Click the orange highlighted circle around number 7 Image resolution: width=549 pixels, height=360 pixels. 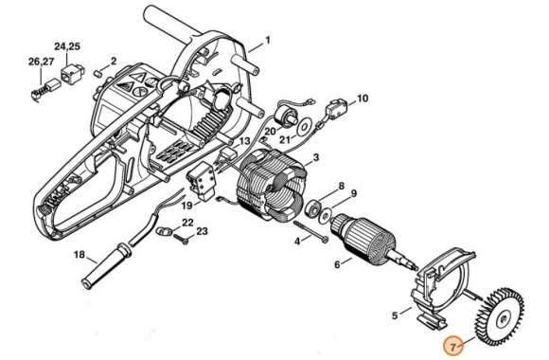point(452,347)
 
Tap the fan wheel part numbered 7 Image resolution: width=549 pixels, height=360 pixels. point(500,316)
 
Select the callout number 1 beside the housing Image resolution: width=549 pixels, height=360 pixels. point(268,41)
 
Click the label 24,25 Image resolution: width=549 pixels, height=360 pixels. point(67,46)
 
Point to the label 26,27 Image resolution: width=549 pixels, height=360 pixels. point(42,62)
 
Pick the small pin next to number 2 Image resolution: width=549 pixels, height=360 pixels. point(98,74)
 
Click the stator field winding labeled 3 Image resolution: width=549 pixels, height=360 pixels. point(272,186)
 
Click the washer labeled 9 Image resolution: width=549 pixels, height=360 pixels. point(327,215)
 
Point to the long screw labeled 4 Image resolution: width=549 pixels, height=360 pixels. point(310,231)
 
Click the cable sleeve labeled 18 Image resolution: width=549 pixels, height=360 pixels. point(105,267)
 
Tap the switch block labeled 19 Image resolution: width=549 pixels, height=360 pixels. point(203,183)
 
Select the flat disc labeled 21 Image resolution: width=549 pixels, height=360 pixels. point(305,127)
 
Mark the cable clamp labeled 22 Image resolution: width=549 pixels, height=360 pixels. point(163,231)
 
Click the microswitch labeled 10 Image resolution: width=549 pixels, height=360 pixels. point(335,108)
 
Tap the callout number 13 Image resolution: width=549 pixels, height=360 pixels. point(244,141)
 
